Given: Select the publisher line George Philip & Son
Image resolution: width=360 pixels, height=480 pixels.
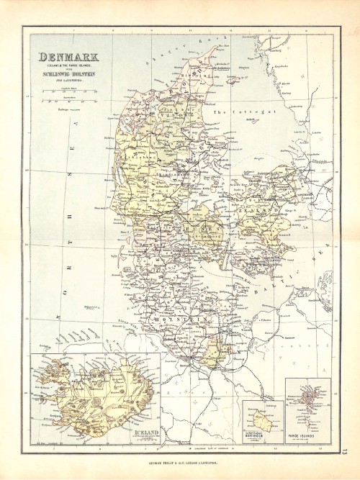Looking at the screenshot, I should [x=180, y=463].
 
